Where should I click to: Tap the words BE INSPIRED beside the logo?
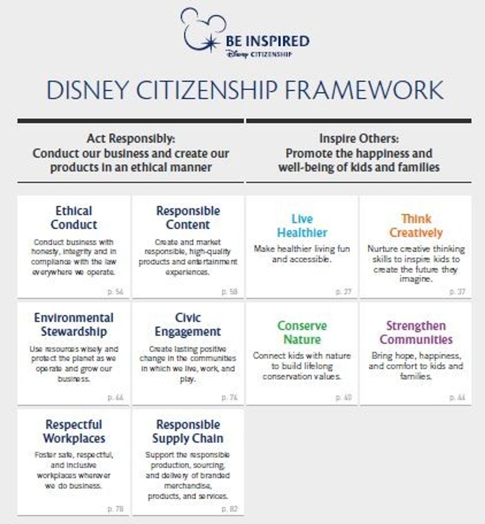click(x=267, y=41)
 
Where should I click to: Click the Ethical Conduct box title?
click(x=74, y=218)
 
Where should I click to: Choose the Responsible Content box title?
click(x=188, y=218)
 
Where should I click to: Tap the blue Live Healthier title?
click(x=302, y=226)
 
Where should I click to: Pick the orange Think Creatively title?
click(x=416, y=226)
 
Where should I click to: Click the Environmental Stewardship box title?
click(x=74, y=325)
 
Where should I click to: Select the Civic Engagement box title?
click(x=188, y=325)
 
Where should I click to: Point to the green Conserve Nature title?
click(x=302, y=333)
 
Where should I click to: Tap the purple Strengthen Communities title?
click(x=416, y=333)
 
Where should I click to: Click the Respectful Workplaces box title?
click(x=74, y=431)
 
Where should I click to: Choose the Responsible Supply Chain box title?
click(x=188, y=431)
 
